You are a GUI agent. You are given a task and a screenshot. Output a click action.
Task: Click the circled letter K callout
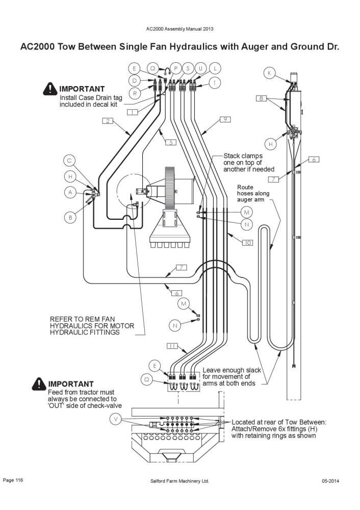tap(269, 73)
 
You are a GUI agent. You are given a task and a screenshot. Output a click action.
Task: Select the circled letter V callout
tap(115, 419)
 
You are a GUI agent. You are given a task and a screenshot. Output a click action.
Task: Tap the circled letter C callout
tap(69, 161)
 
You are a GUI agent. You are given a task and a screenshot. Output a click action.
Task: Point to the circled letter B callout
tap(70, 218)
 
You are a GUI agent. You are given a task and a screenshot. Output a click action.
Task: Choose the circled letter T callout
tap(215, 83)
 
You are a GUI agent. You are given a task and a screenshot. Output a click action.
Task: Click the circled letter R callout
tap(135, 93)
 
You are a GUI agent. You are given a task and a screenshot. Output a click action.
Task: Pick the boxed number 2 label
tap(108, 121)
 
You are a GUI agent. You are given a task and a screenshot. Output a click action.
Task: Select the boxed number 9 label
tap(225, 119)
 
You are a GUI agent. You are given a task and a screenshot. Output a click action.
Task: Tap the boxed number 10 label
tap(247, 243)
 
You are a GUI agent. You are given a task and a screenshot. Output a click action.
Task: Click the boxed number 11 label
tap(172, 346)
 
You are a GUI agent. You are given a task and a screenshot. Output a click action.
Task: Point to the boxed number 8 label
tap(261, 97)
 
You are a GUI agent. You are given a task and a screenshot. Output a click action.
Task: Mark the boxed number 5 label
tap(170, 142)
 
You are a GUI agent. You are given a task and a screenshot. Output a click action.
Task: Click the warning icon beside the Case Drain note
tap(50, 89)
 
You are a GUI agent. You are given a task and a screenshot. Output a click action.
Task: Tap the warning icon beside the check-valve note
tap(39, 384)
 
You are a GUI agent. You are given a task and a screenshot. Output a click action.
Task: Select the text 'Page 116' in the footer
tap(13, 480)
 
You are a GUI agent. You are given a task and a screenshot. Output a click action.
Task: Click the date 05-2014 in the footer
tap(330, 481)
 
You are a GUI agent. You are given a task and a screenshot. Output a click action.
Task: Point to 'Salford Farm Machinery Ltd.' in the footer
tap(179, 481)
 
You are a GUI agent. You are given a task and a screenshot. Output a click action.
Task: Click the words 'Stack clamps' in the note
tap(243, 156)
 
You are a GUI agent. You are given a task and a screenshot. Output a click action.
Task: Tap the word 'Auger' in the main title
tap(253, 46)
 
